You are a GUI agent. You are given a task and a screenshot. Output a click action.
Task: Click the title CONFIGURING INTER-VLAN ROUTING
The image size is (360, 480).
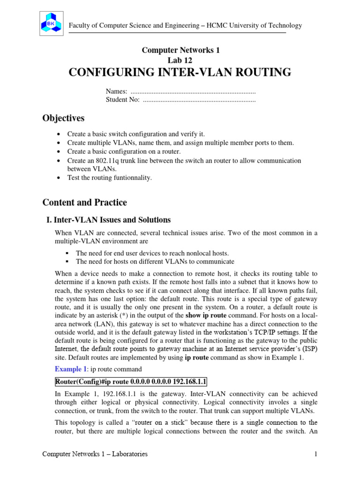[x=180, y=72]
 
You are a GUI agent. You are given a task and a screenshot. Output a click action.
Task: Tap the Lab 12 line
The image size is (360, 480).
[x=180, y=60]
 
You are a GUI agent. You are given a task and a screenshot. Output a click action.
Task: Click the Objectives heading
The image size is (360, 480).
[x=63, y=118]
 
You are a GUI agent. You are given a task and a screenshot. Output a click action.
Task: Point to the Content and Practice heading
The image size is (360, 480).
[x=84, y=202]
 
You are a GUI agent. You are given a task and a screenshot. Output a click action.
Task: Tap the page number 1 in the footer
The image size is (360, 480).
[x=316, y=454]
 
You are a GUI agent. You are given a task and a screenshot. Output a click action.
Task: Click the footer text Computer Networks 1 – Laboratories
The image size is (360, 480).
[x=95, y=454]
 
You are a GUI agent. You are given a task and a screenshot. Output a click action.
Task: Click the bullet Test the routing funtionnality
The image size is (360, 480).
[x=110, y=178]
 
